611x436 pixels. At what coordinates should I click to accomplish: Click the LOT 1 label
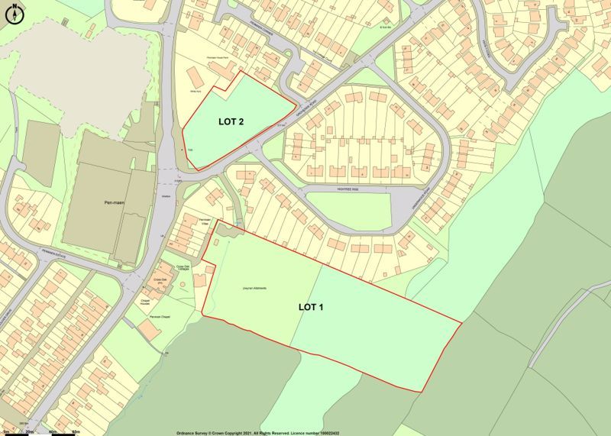pos(311,308)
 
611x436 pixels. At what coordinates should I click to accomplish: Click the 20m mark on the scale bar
pos(28,431)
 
